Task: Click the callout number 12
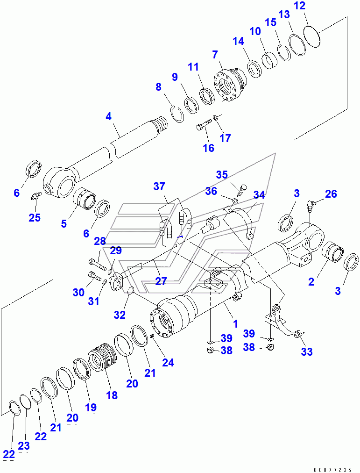coord(299,6)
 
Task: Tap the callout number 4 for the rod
coord(108,116)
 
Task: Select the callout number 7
coord(215,55)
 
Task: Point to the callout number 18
coord(112,395)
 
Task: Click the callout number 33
coord(307,351)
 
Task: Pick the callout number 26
coord(331,194)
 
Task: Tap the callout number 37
coord(159,186)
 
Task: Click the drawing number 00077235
coord(332,470)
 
